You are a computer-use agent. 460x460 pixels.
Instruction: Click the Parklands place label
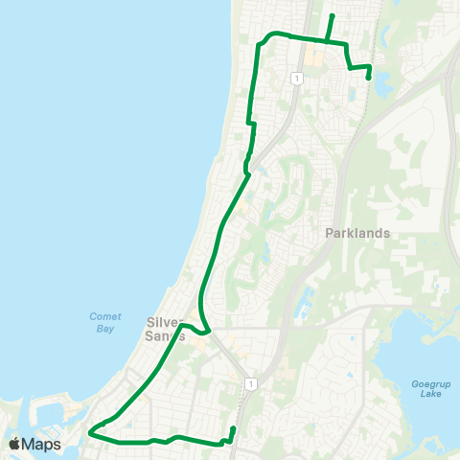pyautogui.click(x=356, y=233)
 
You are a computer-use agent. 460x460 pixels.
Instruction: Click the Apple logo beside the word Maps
pyautogui.click(x=14, y=444)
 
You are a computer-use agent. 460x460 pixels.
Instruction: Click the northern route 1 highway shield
pyautogui.click(x=299, y=77)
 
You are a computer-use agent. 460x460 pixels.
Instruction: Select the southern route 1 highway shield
pyautogui.click(x=250, y=383)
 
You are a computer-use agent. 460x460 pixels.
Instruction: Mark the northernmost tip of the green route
pyautogui.click(x=332, y=15)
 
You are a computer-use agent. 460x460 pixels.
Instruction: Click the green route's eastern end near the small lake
pyautogui.click(x=369, y=79)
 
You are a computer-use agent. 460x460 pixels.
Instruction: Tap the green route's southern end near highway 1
pyautogui.click(x=234, y=427)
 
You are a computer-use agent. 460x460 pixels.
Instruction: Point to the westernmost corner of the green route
pyautogui.click(x=89, y=433)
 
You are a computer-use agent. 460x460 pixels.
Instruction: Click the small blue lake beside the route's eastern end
pyautogui.click(x=382, y=84)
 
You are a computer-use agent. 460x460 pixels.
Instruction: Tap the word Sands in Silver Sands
pyautogui.click(x=165, y=335)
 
